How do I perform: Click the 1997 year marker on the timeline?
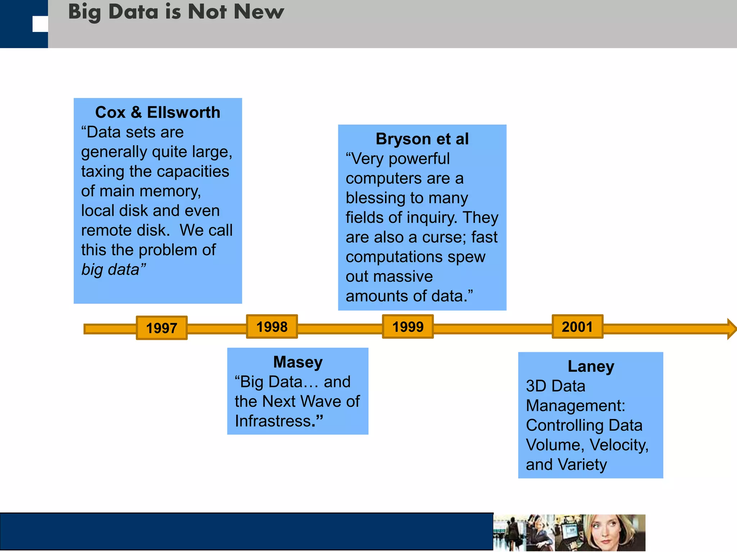tap(162, 328)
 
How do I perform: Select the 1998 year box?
tap(272, 327)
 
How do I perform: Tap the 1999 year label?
tap(408, 327)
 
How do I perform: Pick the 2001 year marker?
tap(577, 327)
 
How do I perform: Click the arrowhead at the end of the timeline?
tap(732, 328)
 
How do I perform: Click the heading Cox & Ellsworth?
tap(158, 112)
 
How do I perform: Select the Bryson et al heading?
tap(422, 139)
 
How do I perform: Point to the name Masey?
tap(298, 362)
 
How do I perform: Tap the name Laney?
tap(591, 367)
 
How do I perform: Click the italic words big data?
tap(110, 270)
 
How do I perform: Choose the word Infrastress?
tap(273, 421)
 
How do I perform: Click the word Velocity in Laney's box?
tap(618, 445)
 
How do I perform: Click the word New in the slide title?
tap(258, 11)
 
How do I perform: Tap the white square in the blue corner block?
tap(40, 24)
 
